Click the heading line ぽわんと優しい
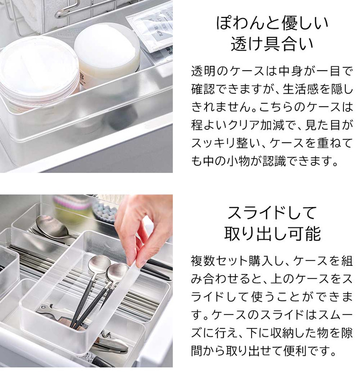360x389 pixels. [x=272, y=23]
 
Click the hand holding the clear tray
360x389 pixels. [x=144, y=223]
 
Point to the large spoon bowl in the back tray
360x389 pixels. [x=50, y=226]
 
